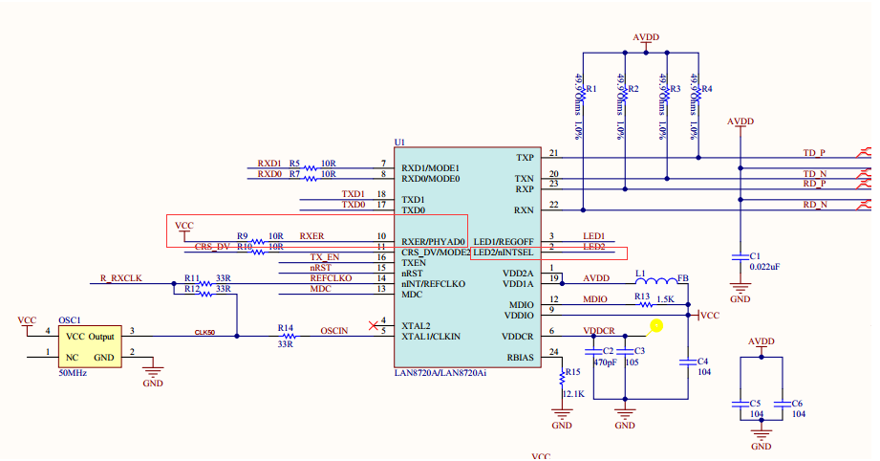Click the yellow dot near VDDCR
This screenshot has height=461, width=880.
(x=655, y=325)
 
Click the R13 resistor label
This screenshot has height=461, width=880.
(x=643, y=296)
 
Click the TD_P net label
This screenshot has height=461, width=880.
(x=814, y=153)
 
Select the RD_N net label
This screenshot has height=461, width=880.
(x=815, y=204)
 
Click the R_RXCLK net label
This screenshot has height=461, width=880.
(x=120, y=278)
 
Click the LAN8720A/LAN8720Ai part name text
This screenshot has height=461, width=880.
(x=440, y=373)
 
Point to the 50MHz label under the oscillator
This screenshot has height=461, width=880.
(x=73, y=373)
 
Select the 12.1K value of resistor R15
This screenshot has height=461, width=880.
(x=574, y=394)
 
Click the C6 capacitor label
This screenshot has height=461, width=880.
(x=797, y=403)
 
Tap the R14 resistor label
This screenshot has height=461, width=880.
(x=285, y=326)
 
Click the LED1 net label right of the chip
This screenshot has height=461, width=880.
(x=594, y=235)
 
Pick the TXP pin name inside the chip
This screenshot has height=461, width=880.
(x=525, y=158)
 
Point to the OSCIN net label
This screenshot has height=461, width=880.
(x=334, y=331)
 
